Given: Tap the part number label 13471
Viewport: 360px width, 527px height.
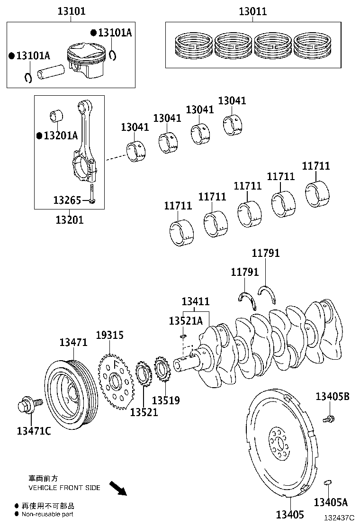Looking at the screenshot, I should (x=73, y=342).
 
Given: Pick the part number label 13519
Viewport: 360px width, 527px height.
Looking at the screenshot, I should (x=166, y=400).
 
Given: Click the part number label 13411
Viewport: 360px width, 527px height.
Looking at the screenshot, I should (x=196, y=301).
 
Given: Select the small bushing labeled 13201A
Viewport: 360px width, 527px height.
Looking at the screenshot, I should (x=57, y=116).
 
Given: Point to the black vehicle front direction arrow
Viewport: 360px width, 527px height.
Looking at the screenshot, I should (x=118, y=489).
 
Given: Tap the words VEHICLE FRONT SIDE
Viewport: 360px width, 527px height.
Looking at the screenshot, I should (x=64, y=487).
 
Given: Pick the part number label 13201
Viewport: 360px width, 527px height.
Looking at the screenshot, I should (x=69, y=220).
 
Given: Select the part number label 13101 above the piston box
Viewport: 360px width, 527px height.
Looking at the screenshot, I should (x=72, y=11).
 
